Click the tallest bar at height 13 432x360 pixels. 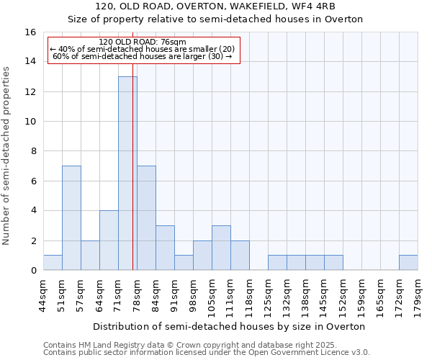click(x=127, y=173)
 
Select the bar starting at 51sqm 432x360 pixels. click(x=71, y=217)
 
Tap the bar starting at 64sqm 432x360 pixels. click(x=109, y=240)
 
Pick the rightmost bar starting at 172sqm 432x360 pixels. click(x=408, y=263)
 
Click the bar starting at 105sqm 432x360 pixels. click(x=221, y=248)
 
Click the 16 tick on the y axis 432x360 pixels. click(x=30, y=32)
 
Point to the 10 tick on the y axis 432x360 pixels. click(x=30, y=122)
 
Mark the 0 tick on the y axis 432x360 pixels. click(x=33, y=271)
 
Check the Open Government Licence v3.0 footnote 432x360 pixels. click(x=206, y=353)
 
